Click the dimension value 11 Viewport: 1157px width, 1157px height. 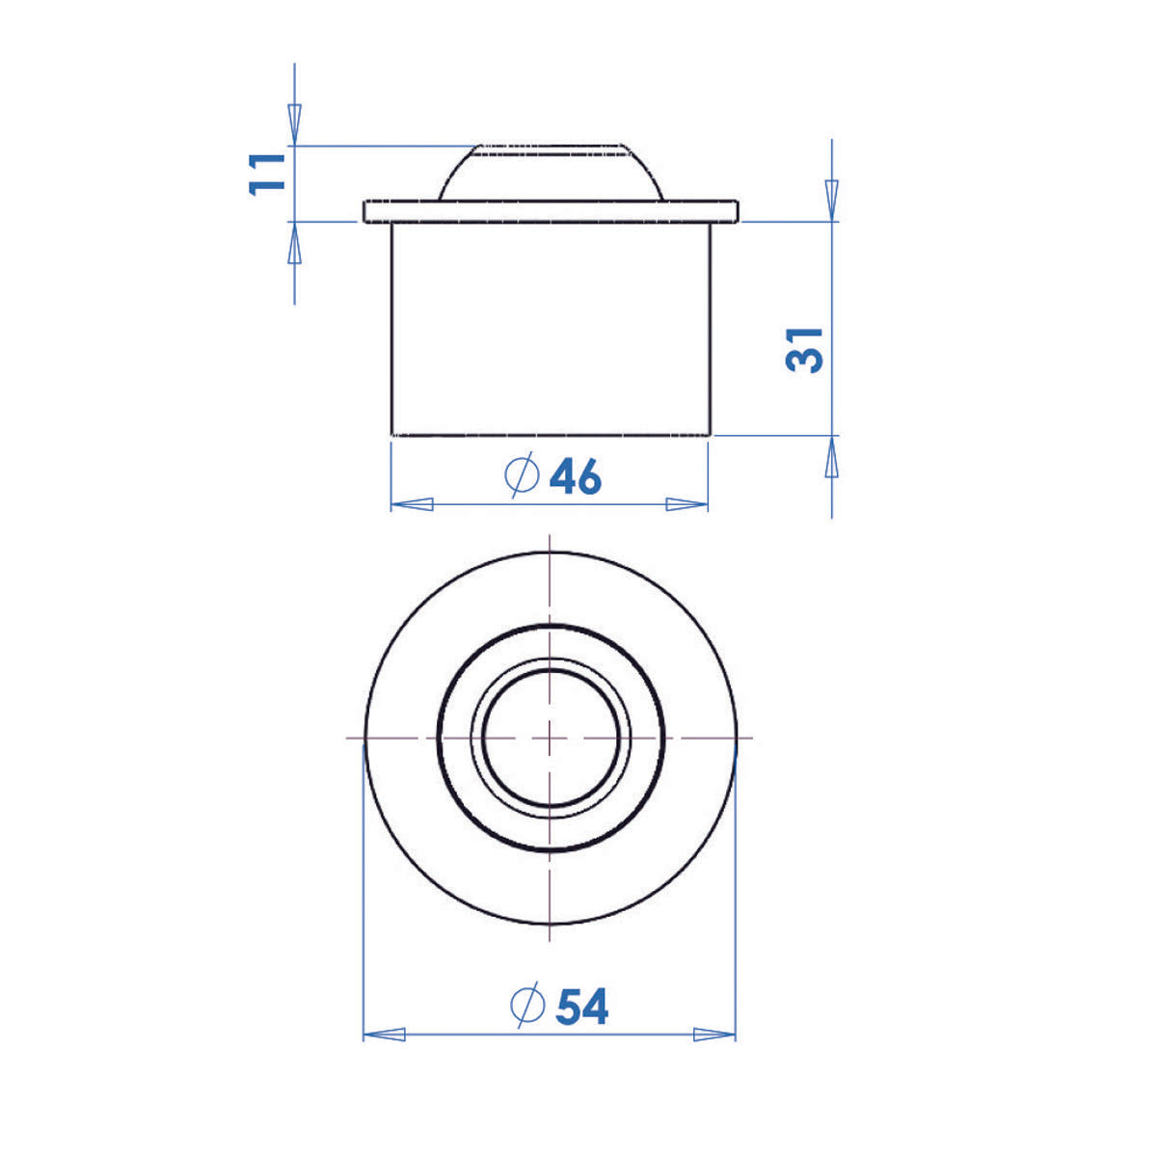coord(268,173)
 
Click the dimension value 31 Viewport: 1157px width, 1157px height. coord(806,349)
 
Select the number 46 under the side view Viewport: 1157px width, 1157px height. coord(575,476)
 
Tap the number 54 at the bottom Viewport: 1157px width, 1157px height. coord(581,1008)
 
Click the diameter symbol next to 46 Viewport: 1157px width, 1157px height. coord(522,475)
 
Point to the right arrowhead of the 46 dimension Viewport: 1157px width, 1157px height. coord(687,504)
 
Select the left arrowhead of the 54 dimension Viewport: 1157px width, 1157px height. coord(384,1035)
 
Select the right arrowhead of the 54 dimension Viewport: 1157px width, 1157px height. coord(714,1035)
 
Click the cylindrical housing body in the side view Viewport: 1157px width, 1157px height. coord(551,328)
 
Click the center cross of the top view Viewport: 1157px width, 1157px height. coord(550,738)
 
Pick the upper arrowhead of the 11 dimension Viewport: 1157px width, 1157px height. coord(295,123)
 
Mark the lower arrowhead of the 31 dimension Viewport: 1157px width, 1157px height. coord(832,457)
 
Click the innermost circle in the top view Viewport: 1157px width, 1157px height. coord(550,738)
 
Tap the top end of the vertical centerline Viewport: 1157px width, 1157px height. coord(550,536)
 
